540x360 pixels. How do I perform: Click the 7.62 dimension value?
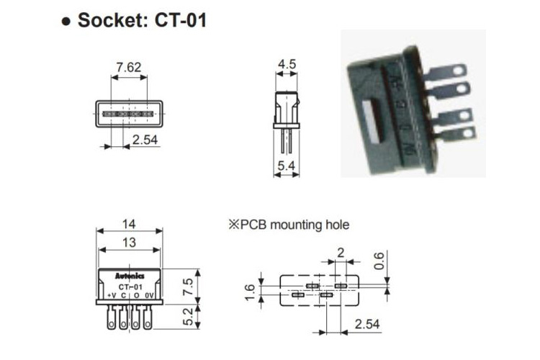[x=129, y=68]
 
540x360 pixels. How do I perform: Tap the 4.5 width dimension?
[x=287, y=64]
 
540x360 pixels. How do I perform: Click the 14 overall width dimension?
[x=129, y=225]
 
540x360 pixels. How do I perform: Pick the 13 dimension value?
[x=129, y=243]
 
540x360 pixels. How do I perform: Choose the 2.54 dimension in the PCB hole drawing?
[x=367, y=325]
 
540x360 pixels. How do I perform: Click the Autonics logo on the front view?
[x=130, y=276]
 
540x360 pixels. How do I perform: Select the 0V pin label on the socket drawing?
[x=148, y=295]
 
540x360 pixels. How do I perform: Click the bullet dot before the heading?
[x=66, y=21]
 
